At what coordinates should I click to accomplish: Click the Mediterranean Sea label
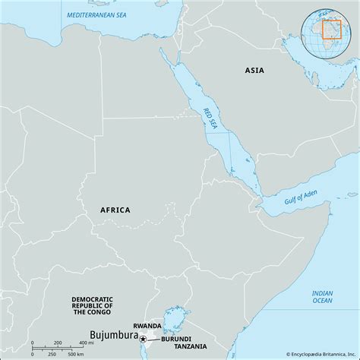(96, 14)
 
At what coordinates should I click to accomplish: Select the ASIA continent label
(254, 70)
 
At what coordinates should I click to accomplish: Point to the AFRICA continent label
(115, 210)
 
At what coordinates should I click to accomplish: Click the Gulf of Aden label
(299, 200)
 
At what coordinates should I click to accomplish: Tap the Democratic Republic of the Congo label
(92, 305)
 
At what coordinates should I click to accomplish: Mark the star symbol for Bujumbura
(142, 338)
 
